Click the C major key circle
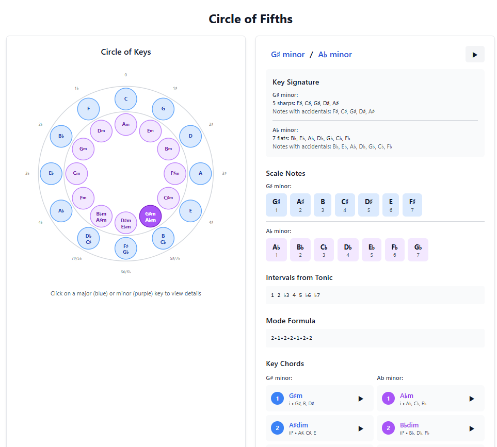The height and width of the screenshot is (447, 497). coord(126,99)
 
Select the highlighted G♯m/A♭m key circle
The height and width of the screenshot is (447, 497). coord(151,217)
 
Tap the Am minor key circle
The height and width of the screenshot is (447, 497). coord(126,124)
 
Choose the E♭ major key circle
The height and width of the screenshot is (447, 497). coord(51,173)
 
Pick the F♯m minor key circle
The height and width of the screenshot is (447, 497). coord(174,173)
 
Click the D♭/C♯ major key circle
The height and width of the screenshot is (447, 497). coord(88,239)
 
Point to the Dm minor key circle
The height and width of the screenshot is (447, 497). coord(101,131)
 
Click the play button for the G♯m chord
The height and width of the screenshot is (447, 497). coord(361,399)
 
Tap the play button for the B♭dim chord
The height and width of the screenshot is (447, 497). coord(471,428)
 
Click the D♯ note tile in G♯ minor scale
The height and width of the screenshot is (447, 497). coord(368,205)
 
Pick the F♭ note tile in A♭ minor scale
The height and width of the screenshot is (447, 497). coord(394,250)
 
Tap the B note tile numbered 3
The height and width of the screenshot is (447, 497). coord(323,205)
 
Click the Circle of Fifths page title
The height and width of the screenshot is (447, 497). coord(250,19)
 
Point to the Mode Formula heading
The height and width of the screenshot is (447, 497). coord(291,321)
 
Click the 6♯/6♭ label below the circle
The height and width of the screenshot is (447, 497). coord(126,272)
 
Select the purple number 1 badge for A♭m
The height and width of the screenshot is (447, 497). coord(388,399)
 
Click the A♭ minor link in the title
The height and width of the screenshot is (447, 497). coord(335,55)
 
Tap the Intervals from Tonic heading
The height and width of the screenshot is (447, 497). coord(299,277)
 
